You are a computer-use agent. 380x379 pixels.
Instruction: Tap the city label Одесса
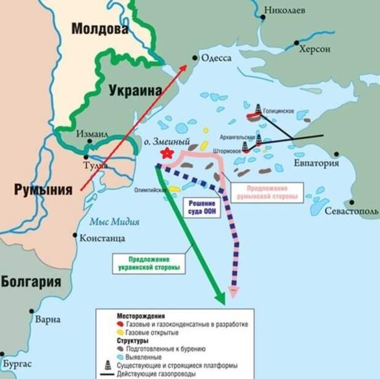(216, 58)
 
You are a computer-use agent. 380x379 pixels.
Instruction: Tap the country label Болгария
(31, 282)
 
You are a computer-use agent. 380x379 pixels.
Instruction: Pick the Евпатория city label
(333, 163)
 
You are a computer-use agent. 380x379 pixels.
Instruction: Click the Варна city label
(48, 320)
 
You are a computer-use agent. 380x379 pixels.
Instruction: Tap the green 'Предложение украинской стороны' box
(150, 263)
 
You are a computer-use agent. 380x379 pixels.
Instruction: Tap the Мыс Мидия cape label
(114, 221)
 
